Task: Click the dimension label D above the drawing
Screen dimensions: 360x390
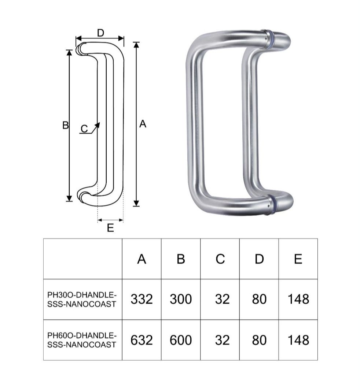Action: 100,33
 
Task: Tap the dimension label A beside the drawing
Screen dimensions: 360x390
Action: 143,124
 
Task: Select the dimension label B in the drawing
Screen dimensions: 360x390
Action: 66,125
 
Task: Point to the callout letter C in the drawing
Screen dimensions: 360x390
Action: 84,129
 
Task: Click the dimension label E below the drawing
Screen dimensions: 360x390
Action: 110,228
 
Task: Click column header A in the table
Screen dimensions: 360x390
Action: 142,259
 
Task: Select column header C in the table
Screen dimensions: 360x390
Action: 220,259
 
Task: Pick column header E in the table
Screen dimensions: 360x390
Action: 298,259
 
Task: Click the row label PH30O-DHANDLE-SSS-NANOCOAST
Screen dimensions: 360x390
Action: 82,300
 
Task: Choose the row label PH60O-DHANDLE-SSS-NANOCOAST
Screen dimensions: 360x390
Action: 82,340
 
